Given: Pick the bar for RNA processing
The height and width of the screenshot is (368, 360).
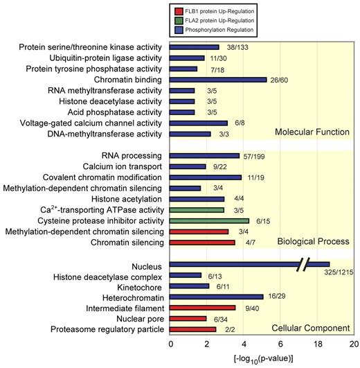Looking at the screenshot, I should pyautogui.click(x=205, y=155).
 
